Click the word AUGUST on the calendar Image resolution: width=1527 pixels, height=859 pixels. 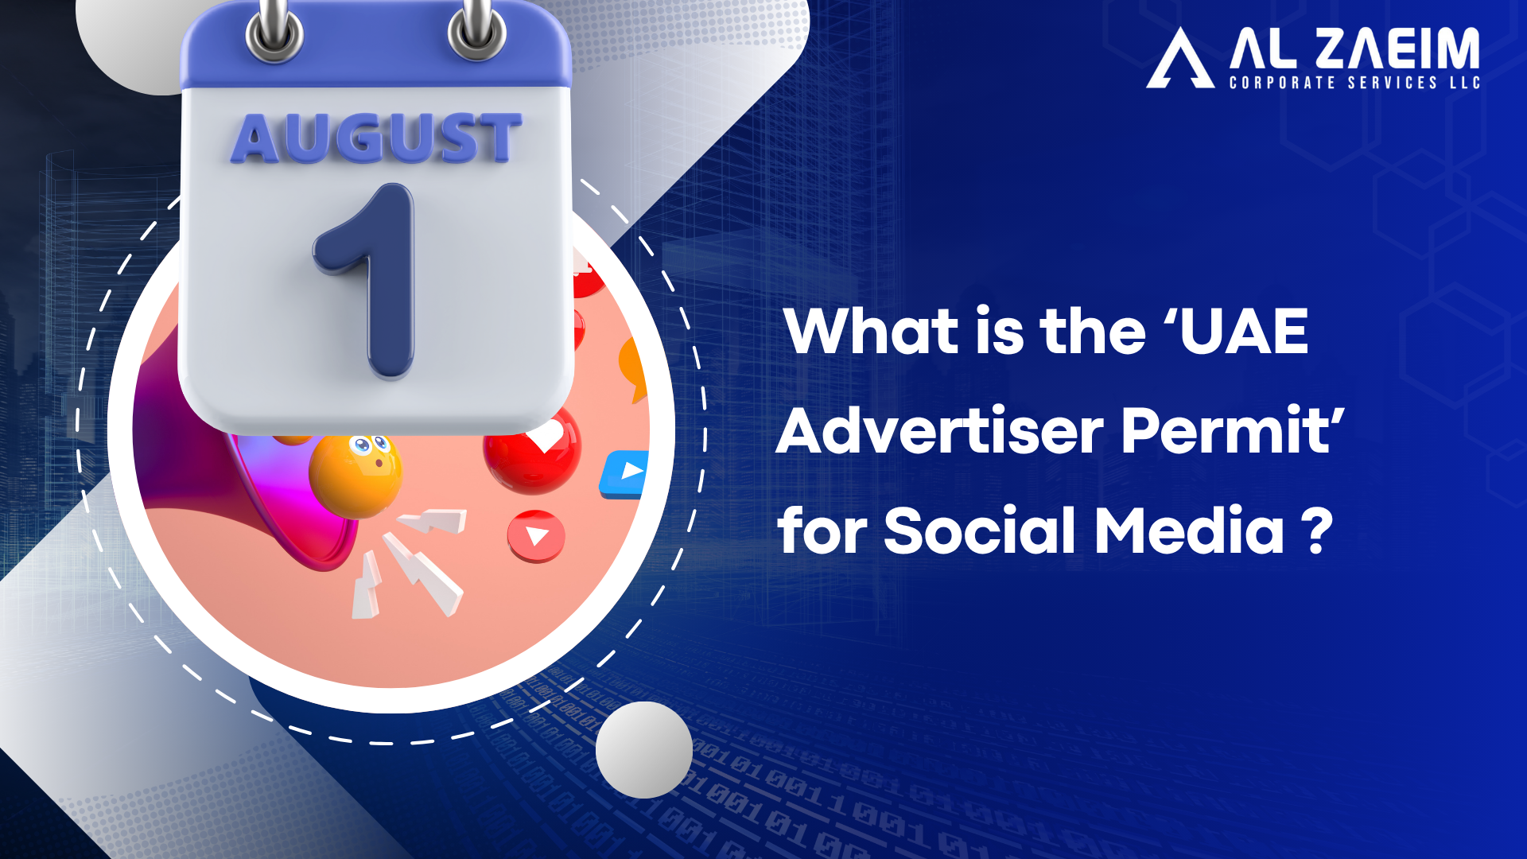coord(376,138)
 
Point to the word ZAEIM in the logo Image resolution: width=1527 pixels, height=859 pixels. coord(1397,49)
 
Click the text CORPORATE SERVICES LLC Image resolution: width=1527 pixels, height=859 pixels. coord(1354,83)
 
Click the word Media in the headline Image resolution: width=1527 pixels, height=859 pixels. coord(1189,531)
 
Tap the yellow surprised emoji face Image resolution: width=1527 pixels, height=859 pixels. coord(356,475)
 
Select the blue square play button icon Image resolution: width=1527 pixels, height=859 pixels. coord(625,474)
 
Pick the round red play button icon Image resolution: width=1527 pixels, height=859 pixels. coord(536,536)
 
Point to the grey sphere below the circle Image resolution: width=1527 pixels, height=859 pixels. coord(644,749)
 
